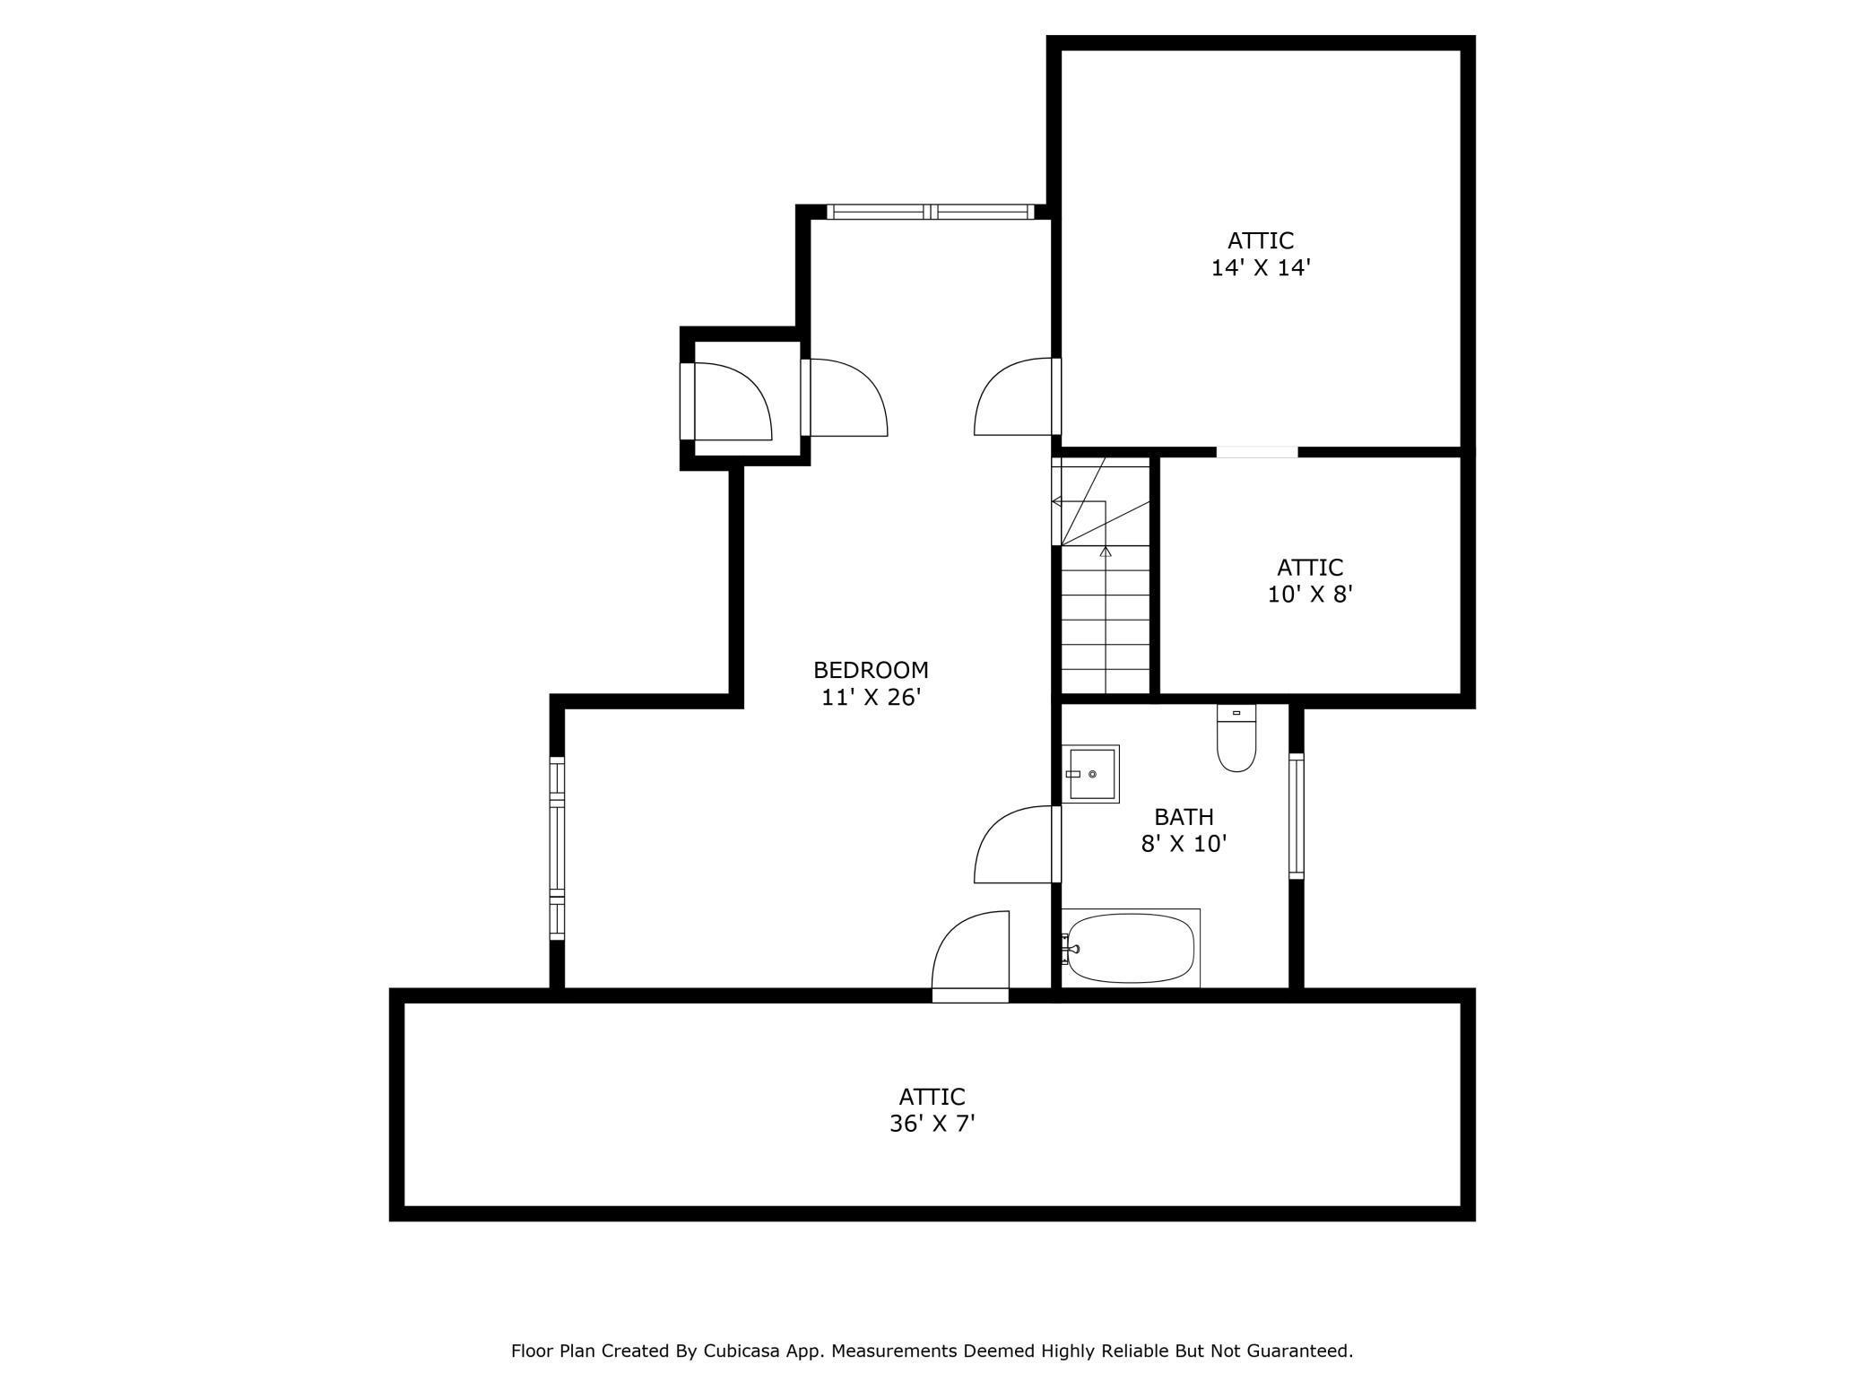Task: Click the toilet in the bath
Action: pos(1236,738)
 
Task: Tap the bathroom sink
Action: pos(1090,774)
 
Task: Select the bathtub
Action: pos(1131,949)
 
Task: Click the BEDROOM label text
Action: pos(871,670)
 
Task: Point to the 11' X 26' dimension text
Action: pos(872,698)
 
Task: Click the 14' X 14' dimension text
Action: pos(1261,268)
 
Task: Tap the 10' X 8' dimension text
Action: pos(1310,595)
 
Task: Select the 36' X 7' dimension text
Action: pos(932,1124)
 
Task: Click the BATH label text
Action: pos(1184,817)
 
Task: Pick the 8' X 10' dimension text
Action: pos(1184,844)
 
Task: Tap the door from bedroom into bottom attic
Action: pos(970,956)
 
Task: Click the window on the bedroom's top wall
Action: pos(930,212)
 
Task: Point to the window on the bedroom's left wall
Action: pos(557,847)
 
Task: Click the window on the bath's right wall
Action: pos(1296,815)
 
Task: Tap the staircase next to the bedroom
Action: pos(1101,575)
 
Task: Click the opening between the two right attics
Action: pos(1257,452)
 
